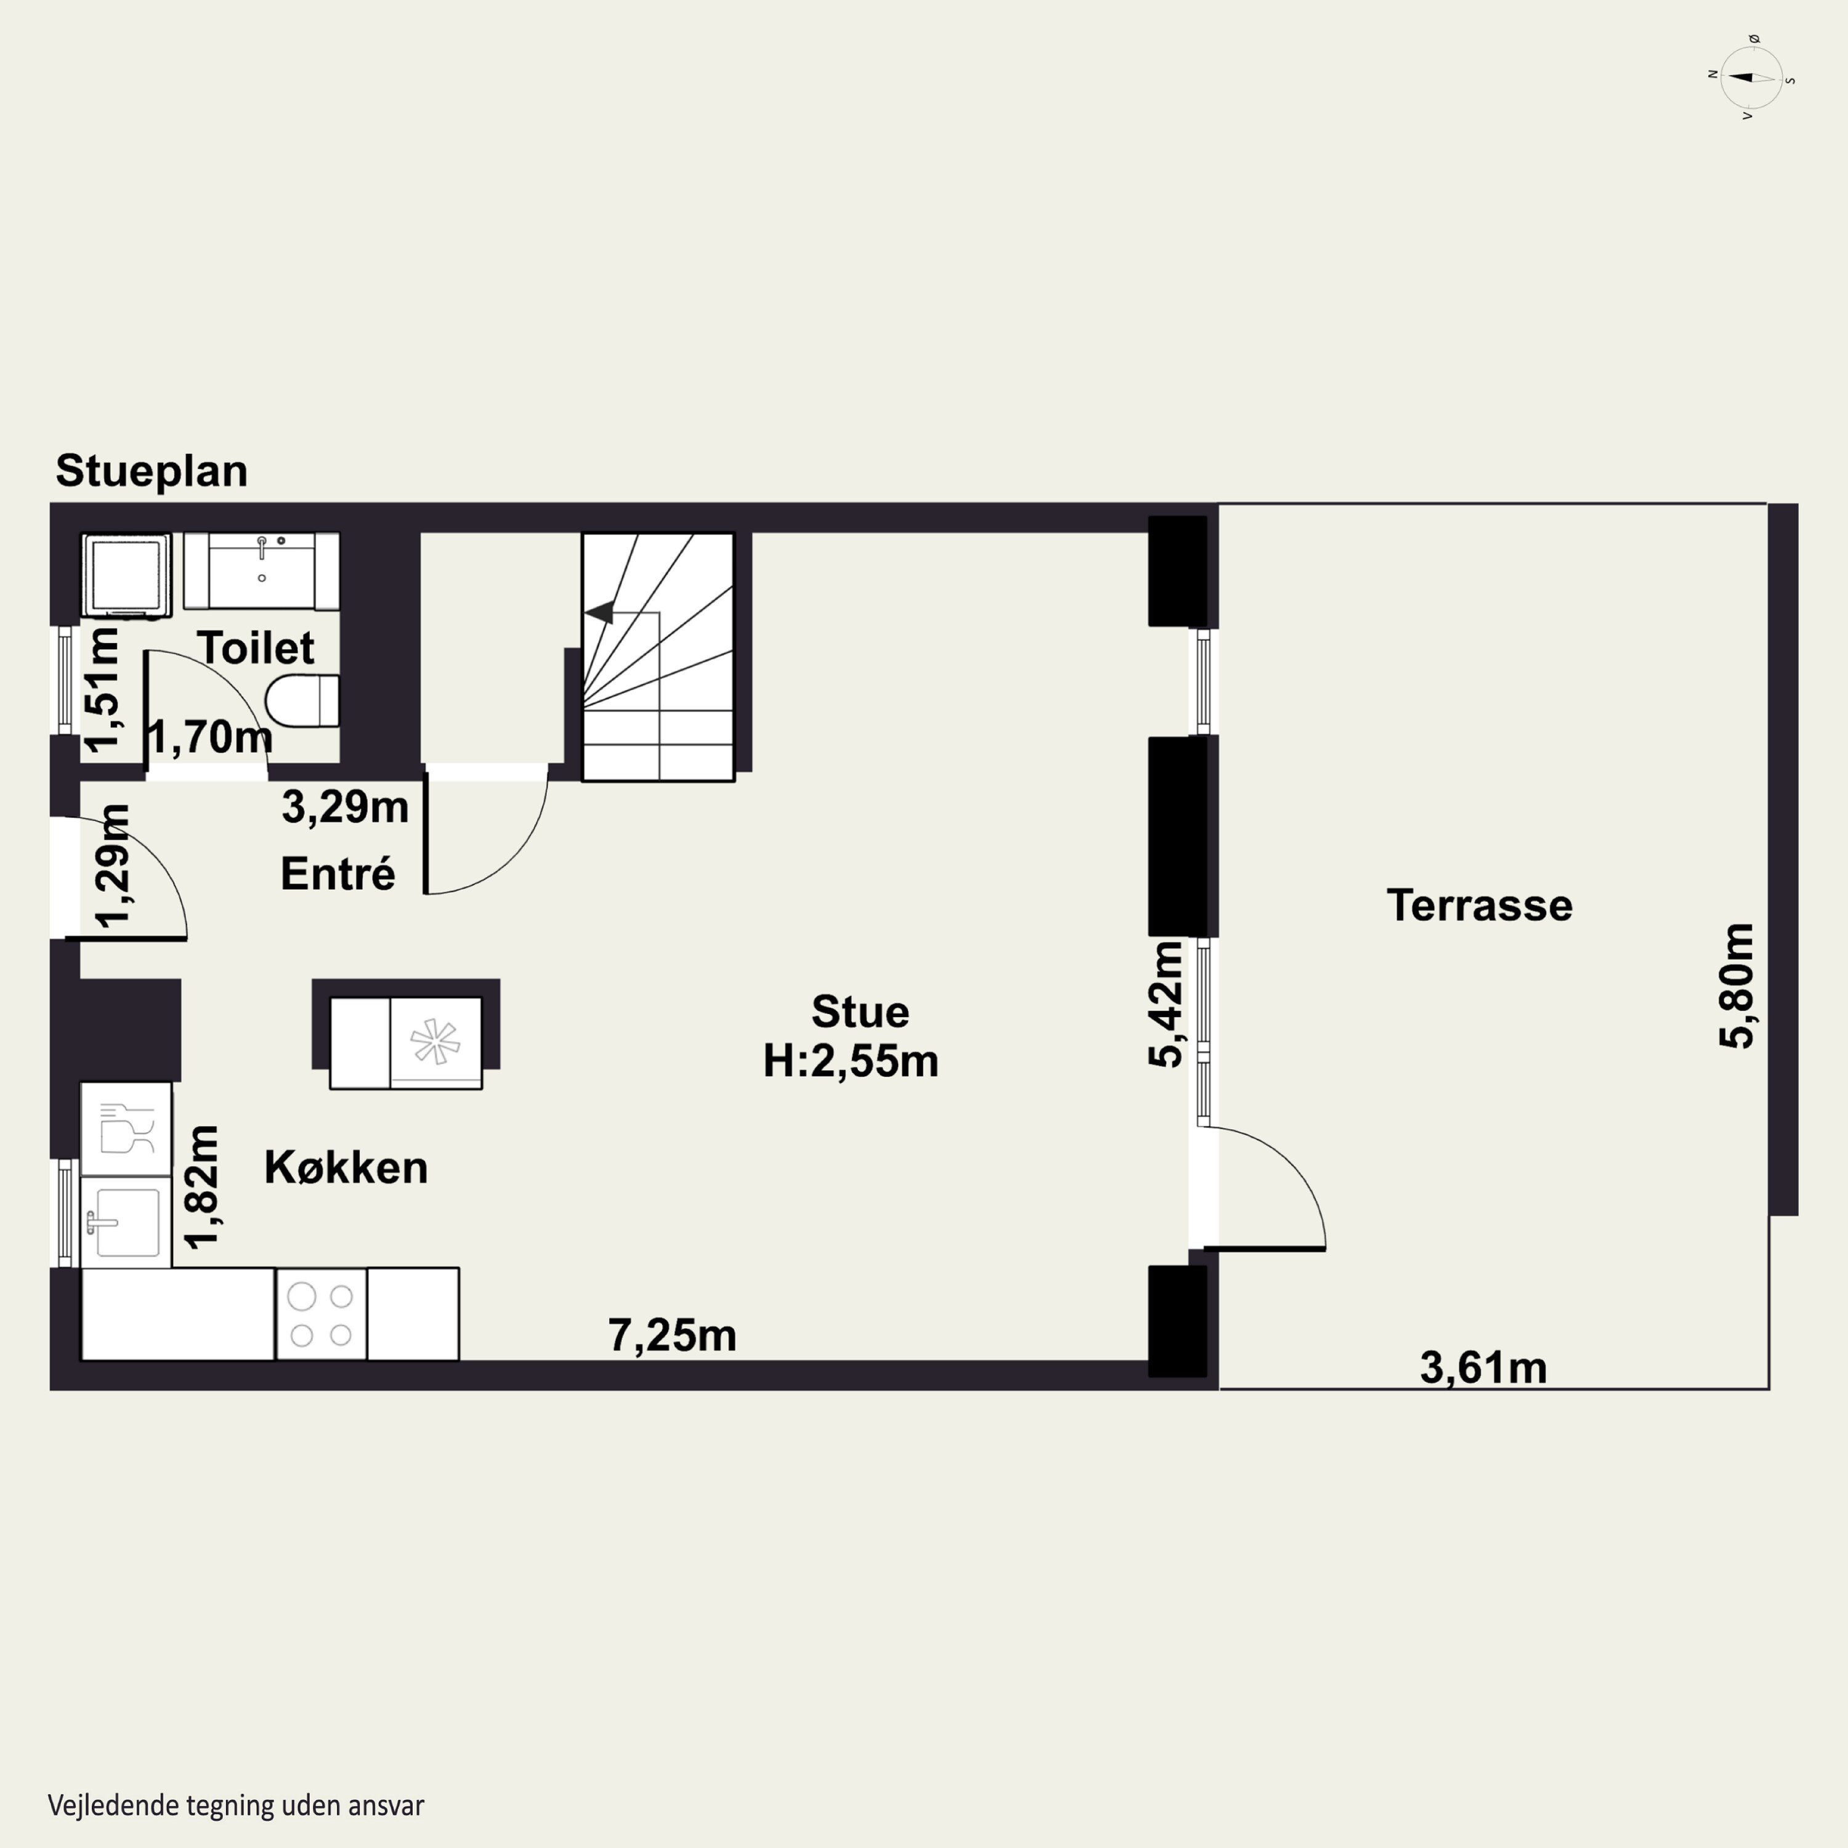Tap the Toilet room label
point(256,647)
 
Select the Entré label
point(338,873)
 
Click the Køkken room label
point(346,1167)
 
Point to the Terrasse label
point(1480,905)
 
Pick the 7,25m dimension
point(673,1335)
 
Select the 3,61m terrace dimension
point(1483,1368)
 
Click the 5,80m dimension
point(1737,986)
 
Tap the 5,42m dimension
point(1166,1004)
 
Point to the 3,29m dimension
point(346,808)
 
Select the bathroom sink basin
point(261,571)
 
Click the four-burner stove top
point(322,1315)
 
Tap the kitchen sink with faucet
point(125,1222)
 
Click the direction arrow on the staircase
point(600,611)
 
